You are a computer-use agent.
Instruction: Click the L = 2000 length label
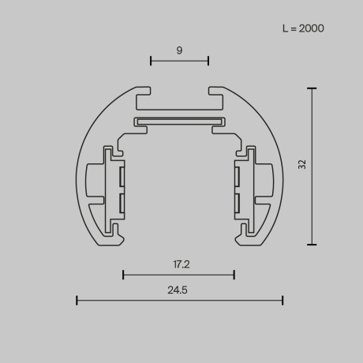point(303,28)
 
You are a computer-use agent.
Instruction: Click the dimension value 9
point(179,51)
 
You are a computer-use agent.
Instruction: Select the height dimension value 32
point(302,164)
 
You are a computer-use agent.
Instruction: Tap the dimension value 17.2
point(179,264)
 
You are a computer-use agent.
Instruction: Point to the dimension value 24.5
point(178,290)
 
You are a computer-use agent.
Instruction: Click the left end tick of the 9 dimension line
point(151,60)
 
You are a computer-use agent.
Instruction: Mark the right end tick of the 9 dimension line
point(208,60)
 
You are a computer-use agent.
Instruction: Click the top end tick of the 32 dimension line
point(312,88)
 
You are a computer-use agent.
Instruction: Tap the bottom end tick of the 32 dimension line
point(312,245)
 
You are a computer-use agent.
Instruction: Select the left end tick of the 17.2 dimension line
point(123,275)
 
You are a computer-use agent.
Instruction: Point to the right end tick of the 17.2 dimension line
point(234,275)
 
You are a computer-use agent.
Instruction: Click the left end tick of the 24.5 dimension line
point(77,300)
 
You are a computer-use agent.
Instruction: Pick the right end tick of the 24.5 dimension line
point(283,300)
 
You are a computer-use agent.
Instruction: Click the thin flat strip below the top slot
point(179,122)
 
